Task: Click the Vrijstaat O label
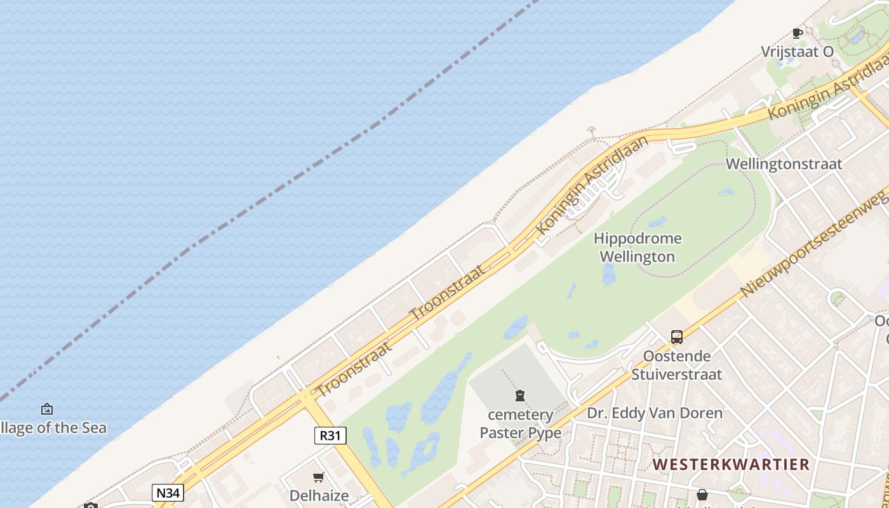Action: (x=797, y=52)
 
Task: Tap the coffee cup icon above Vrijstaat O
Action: (x=798, y=33)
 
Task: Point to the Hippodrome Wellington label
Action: (x=637, y=248)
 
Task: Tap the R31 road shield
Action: (x=330, y=436)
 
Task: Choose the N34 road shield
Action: (x=168, y=492)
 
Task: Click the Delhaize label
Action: (x=319, y=495)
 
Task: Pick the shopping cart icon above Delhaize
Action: (x=319, y=477)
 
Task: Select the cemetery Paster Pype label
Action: (x=520, y=424)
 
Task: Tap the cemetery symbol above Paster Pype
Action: (x=520, y=396)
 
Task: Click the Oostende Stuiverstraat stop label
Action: (x=676, y=365)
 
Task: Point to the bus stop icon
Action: (x=677, y=337)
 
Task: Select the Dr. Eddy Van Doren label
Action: (x=654, y=413)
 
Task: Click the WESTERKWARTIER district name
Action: (x=731, y=464)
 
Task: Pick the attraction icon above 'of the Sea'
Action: (x=46, y=409)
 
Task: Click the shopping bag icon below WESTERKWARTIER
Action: (x=702, y=495)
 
